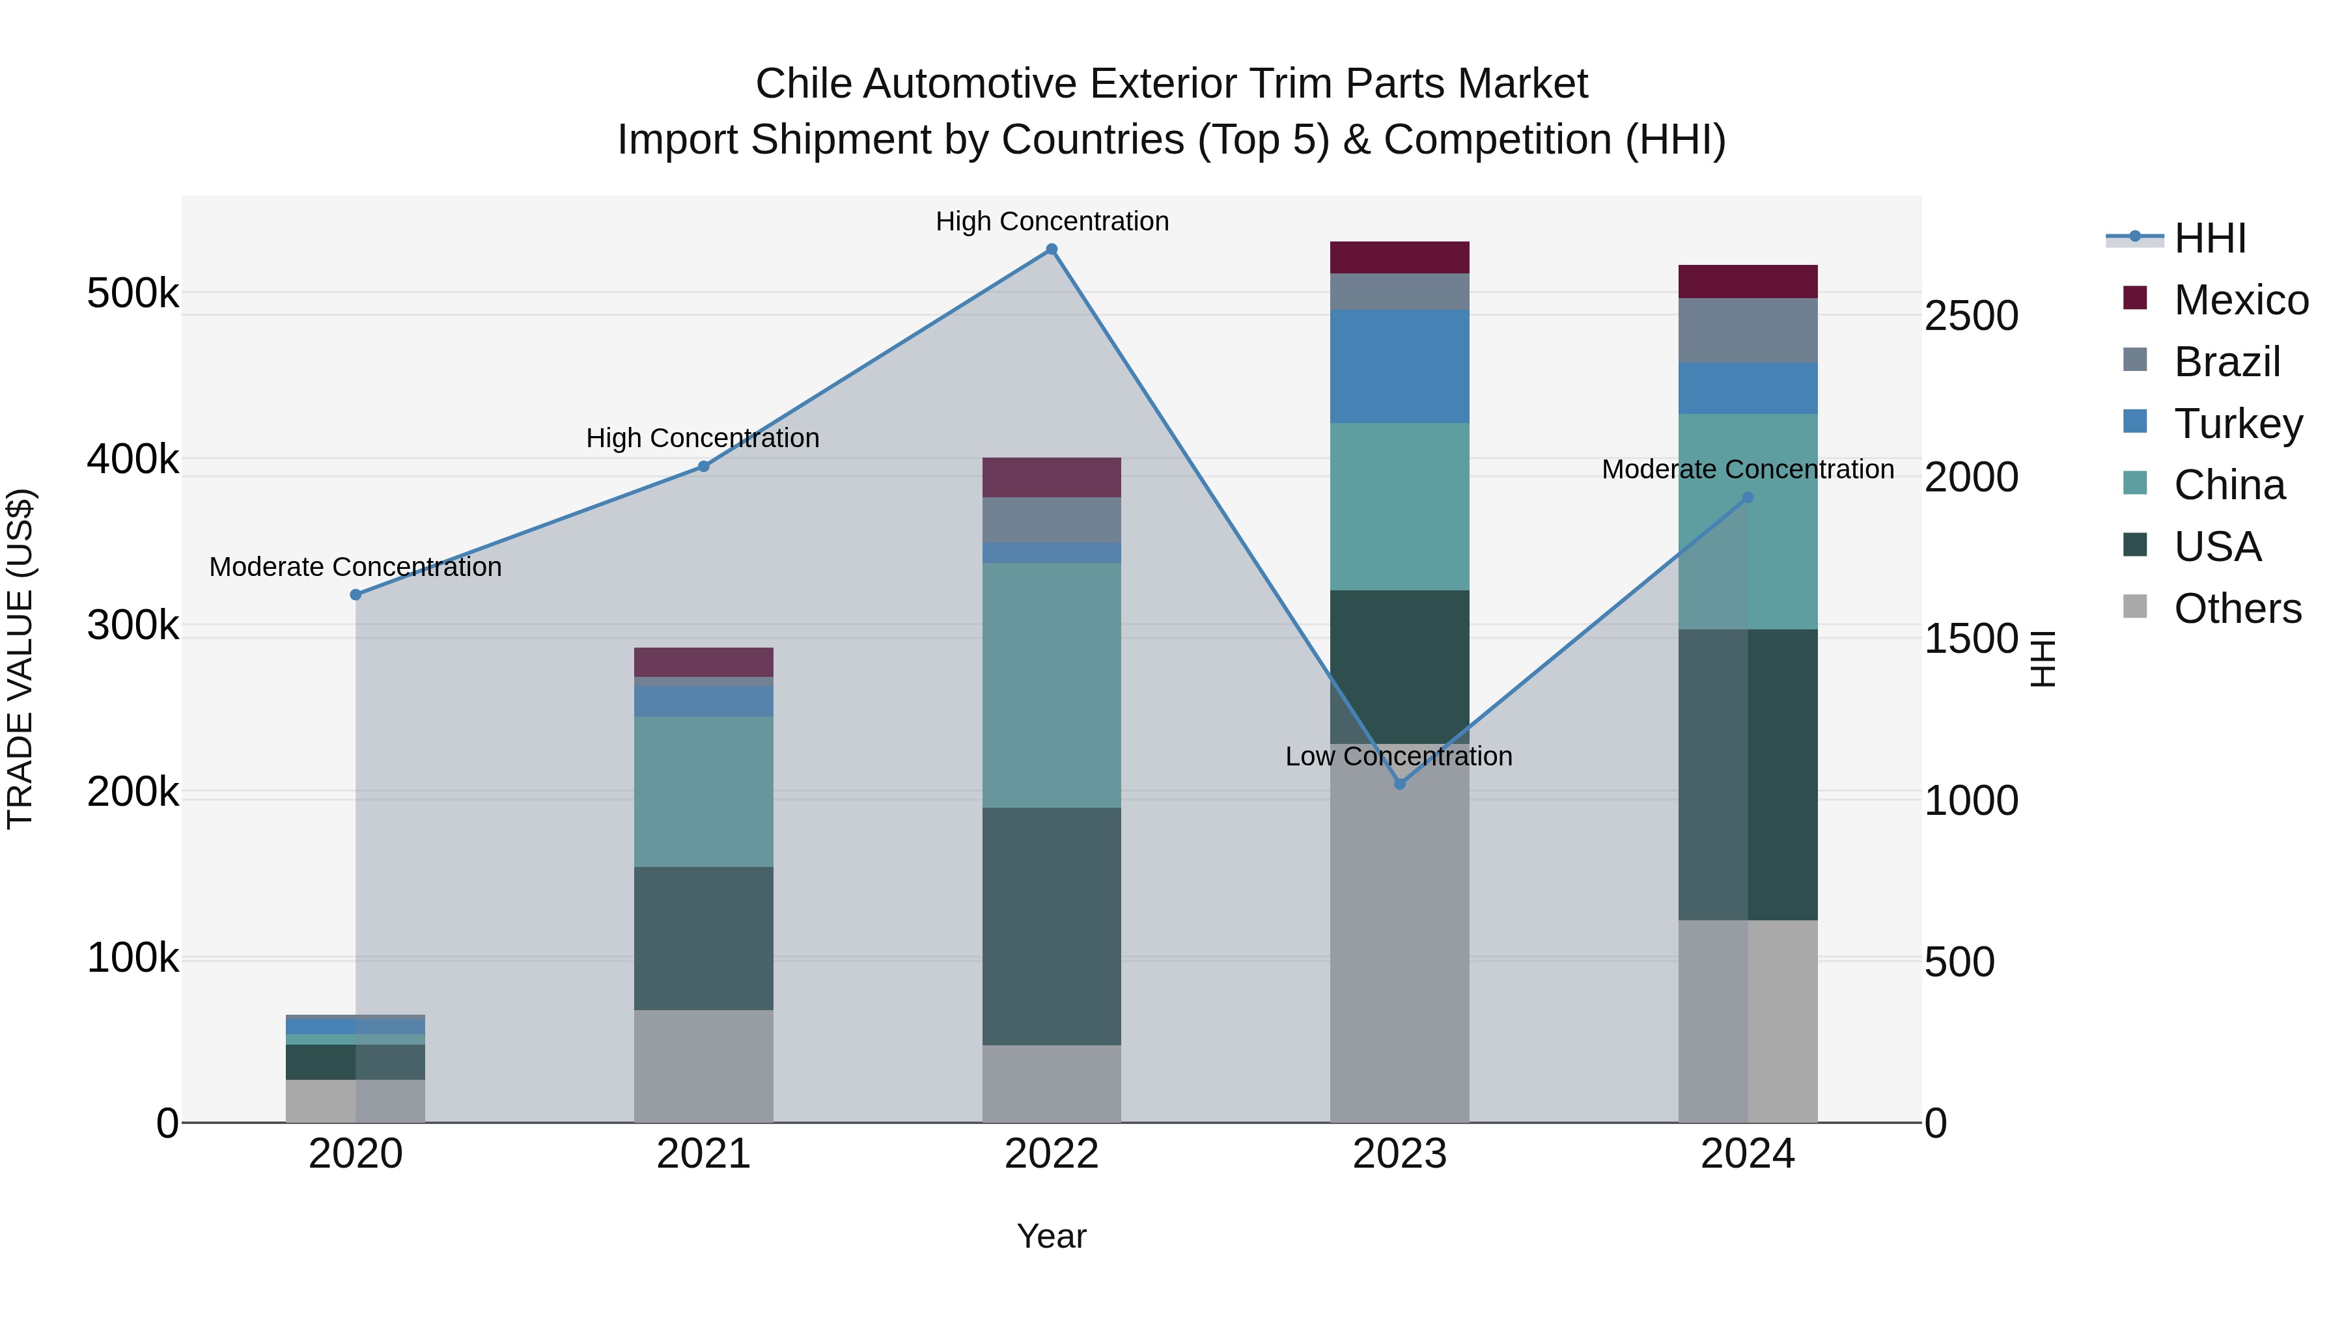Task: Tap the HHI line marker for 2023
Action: (x=1399, y=784)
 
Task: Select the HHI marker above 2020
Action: (x=356, y=595)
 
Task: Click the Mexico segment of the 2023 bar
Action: (x=1399, y=257)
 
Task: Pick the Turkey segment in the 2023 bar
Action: (x=1399, y=366)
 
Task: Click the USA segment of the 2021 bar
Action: (x=703, y=938)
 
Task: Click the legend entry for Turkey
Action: (x=2237, y=424)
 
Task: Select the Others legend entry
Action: (x=2237, y=609)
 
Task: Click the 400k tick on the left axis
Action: (x=133, y=460)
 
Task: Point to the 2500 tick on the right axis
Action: (x=1971, y=316)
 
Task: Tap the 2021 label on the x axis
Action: (x=703, y=1154)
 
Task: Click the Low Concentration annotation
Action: (x=1399, y=757)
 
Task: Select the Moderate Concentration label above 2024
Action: (x=1747, y=469)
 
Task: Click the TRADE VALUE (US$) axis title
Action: (x=20, y=659)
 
